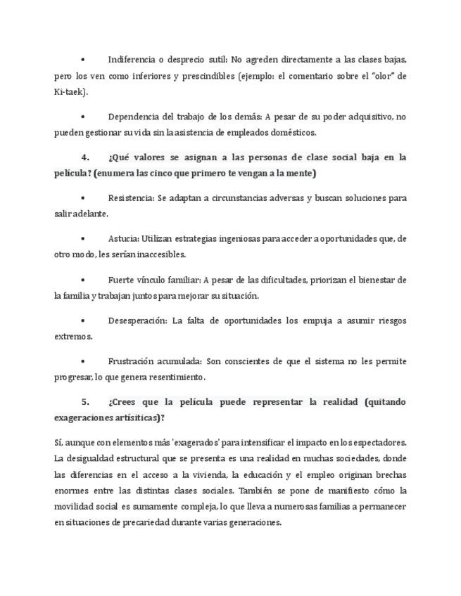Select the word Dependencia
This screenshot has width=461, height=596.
tap(135, 116)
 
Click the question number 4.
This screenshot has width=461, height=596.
tap(84, 157)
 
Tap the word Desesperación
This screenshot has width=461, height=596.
tap(137, 320)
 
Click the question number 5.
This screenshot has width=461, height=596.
tap(84, 401)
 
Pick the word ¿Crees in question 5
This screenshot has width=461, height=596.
tap(124, 401)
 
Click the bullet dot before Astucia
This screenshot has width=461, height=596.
tap(83, 239)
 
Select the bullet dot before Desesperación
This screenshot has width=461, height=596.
tap(83, 320)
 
